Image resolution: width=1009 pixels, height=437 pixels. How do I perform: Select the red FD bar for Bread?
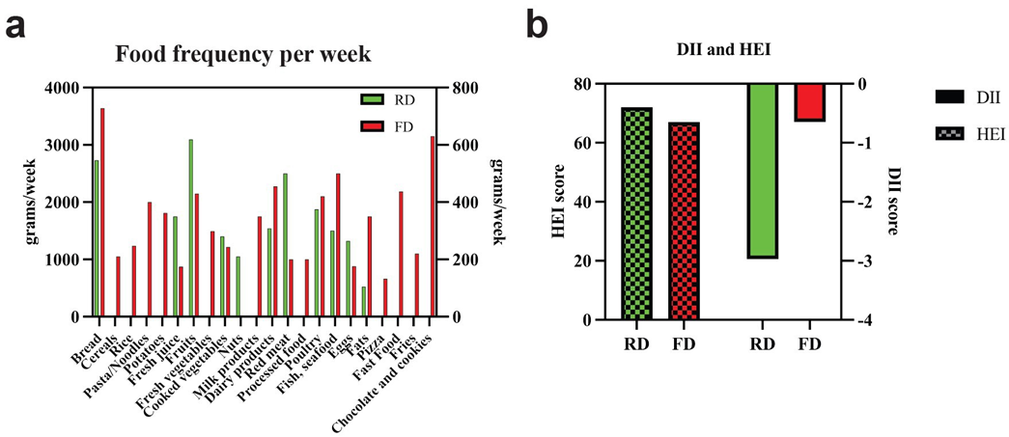102,212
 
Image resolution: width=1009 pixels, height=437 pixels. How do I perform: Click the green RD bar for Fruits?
191,228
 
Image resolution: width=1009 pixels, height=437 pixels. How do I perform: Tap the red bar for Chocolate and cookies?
434,227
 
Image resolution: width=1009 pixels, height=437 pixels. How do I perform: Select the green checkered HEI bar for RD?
637,213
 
